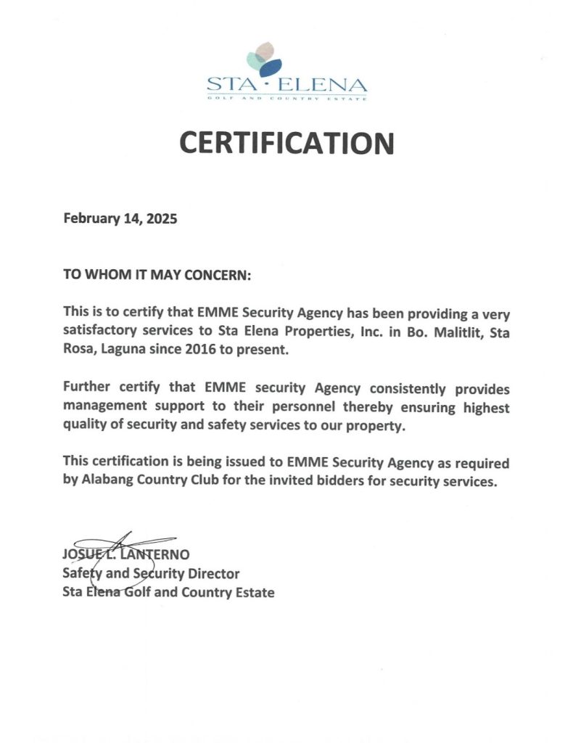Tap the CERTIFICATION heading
pos(286,143)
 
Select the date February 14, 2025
pos(120,218)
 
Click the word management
pos(107,407)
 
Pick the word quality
pos(86,426)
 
